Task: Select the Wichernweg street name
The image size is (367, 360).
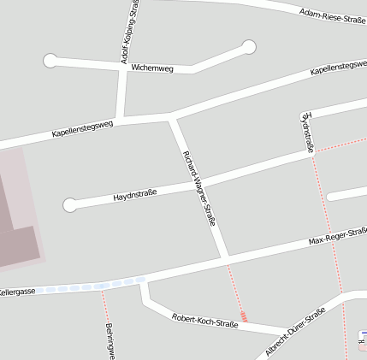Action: (152, 68)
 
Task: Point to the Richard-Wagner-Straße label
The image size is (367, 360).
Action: (199, 189)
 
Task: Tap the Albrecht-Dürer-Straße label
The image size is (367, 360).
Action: (295, 333)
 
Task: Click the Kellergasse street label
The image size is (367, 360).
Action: (17, 292)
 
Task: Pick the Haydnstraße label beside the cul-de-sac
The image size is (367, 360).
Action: (135, 198)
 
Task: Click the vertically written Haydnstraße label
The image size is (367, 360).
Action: (308, 132)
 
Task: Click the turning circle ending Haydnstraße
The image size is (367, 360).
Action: (70, 204)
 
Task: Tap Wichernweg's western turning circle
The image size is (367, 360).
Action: (50, 60)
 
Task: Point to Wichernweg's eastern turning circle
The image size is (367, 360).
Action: (249, 46)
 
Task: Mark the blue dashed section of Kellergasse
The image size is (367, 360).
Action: (94, 285)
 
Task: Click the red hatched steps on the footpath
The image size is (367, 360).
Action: (244, 316)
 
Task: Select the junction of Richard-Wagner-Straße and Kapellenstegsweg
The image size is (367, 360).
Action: (172, 115)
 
